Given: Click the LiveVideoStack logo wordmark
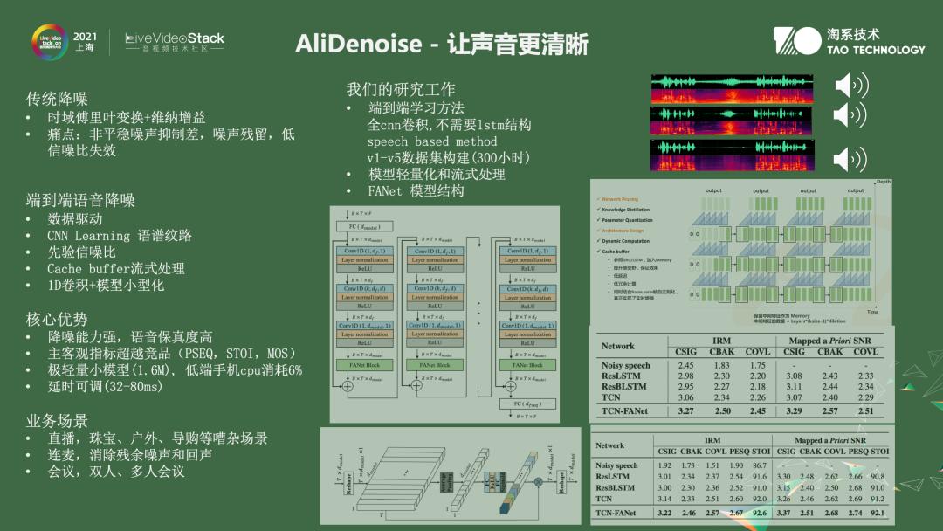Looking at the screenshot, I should (x=175, y=38).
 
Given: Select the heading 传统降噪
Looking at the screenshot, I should (x=57, y=99).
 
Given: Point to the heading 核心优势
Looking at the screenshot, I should (x=57, y=319).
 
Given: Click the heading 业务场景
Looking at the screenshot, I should (x=57, y=421).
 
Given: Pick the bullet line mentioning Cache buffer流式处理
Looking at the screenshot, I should (x=115, y=268).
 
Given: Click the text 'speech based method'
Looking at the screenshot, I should (x=431, y=141).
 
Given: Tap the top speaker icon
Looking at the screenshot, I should (x=850, y=86).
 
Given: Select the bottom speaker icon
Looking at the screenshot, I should (x=850, y=159).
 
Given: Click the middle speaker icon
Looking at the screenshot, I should (x=850, y=114).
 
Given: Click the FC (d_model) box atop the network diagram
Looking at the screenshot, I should (x=364, y=227).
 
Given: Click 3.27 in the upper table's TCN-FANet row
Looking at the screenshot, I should (x=686, y=410).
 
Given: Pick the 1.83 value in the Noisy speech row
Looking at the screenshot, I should (x=721, y=365).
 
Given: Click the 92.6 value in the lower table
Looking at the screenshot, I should (x=760, y=513).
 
